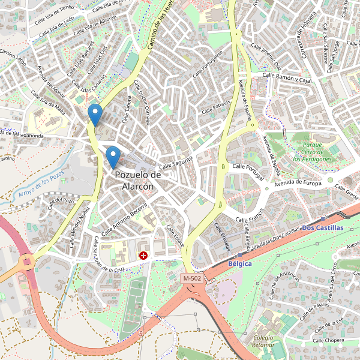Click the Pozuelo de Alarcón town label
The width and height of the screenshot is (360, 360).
pyautogui.click(x=138, y=180)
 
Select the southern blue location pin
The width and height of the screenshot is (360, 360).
pyautogui.click(x=112, y=158)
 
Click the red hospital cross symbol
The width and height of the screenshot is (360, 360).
pyautogui.click(x=143, y=256)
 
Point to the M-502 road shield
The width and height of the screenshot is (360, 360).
pyautogui.click(x=193, y=278)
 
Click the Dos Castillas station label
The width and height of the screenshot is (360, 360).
pyautogui.click(x=322, y=228)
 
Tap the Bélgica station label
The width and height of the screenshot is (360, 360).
pyautogui.click(x=240, y=264)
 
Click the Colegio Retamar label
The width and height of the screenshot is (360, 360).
pyautogui.click(x=263, y=341)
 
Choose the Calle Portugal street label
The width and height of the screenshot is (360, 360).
pyautogui.click(x=248, y=169)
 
